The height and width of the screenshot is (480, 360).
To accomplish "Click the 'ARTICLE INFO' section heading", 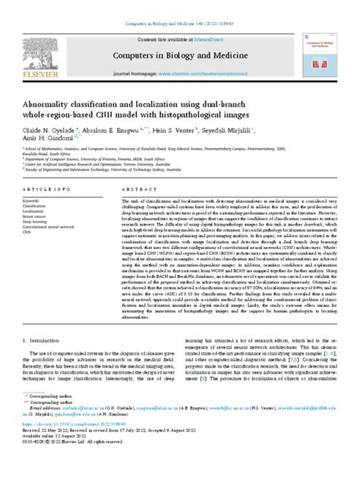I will pos(48,187).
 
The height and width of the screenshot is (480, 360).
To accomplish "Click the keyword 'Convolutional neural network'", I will pos(58,226).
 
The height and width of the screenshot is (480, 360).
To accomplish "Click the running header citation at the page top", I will pos(179,7).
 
